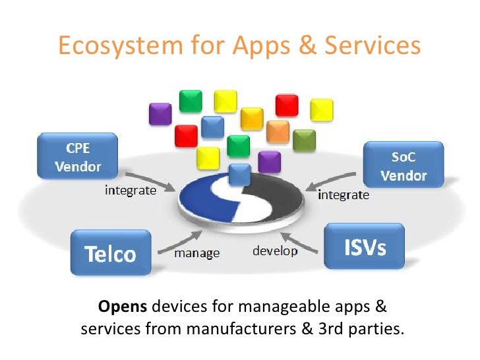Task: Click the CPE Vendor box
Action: click(78, 156)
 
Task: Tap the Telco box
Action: click(110, 253)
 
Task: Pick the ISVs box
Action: click(365, 247)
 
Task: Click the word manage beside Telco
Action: click(196, 253)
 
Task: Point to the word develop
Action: click(275, 251)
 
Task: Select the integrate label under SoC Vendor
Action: click(344, 195)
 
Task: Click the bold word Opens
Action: click(125, 307)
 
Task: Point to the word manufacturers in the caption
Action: click(213, 328)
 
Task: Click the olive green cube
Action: click(305, 140)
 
